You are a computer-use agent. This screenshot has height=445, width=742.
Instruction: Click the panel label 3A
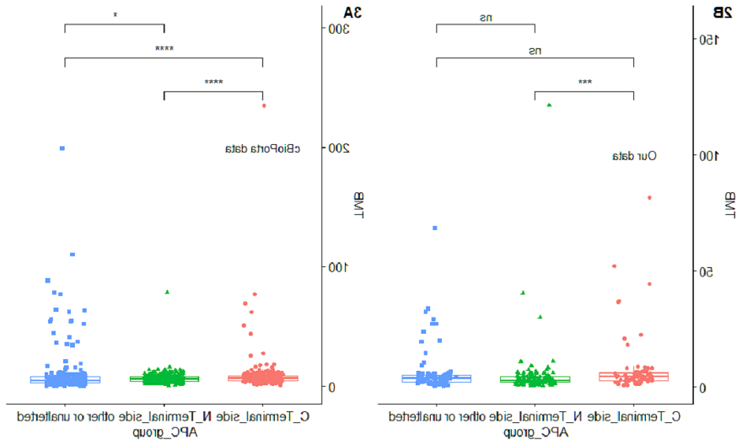352,12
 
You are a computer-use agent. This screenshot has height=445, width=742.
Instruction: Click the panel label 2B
723,12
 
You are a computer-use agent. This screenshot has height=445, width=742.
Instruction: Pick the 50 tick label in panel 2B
708,272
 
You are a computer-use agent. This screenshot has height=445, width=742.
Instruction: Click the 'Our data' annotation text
634,156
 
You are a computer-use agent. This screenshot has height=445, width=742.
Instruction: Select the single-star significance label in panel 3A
115,15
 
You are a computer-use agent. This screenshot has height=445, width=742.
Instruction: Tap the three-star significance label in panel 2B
584,83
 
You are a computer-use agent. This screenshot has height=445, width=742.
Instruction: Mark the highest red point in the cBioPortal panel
263,105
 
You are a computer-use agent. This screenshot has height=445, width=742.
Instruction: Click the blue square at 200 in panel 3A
63,148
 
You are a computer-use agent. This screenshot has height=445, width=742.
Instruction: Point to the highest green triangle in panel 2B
549,105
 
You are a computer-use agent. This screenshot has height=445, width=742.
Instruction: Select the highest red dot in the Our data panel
649,198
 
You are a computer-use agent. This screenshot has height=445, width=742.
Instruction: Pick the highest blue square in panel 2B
435,228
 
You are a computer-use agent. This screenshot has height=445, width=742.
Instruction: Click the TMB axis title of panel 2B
730,205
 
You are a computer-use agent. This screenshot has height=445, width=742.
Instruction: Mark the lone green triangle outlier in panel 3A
167,292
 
